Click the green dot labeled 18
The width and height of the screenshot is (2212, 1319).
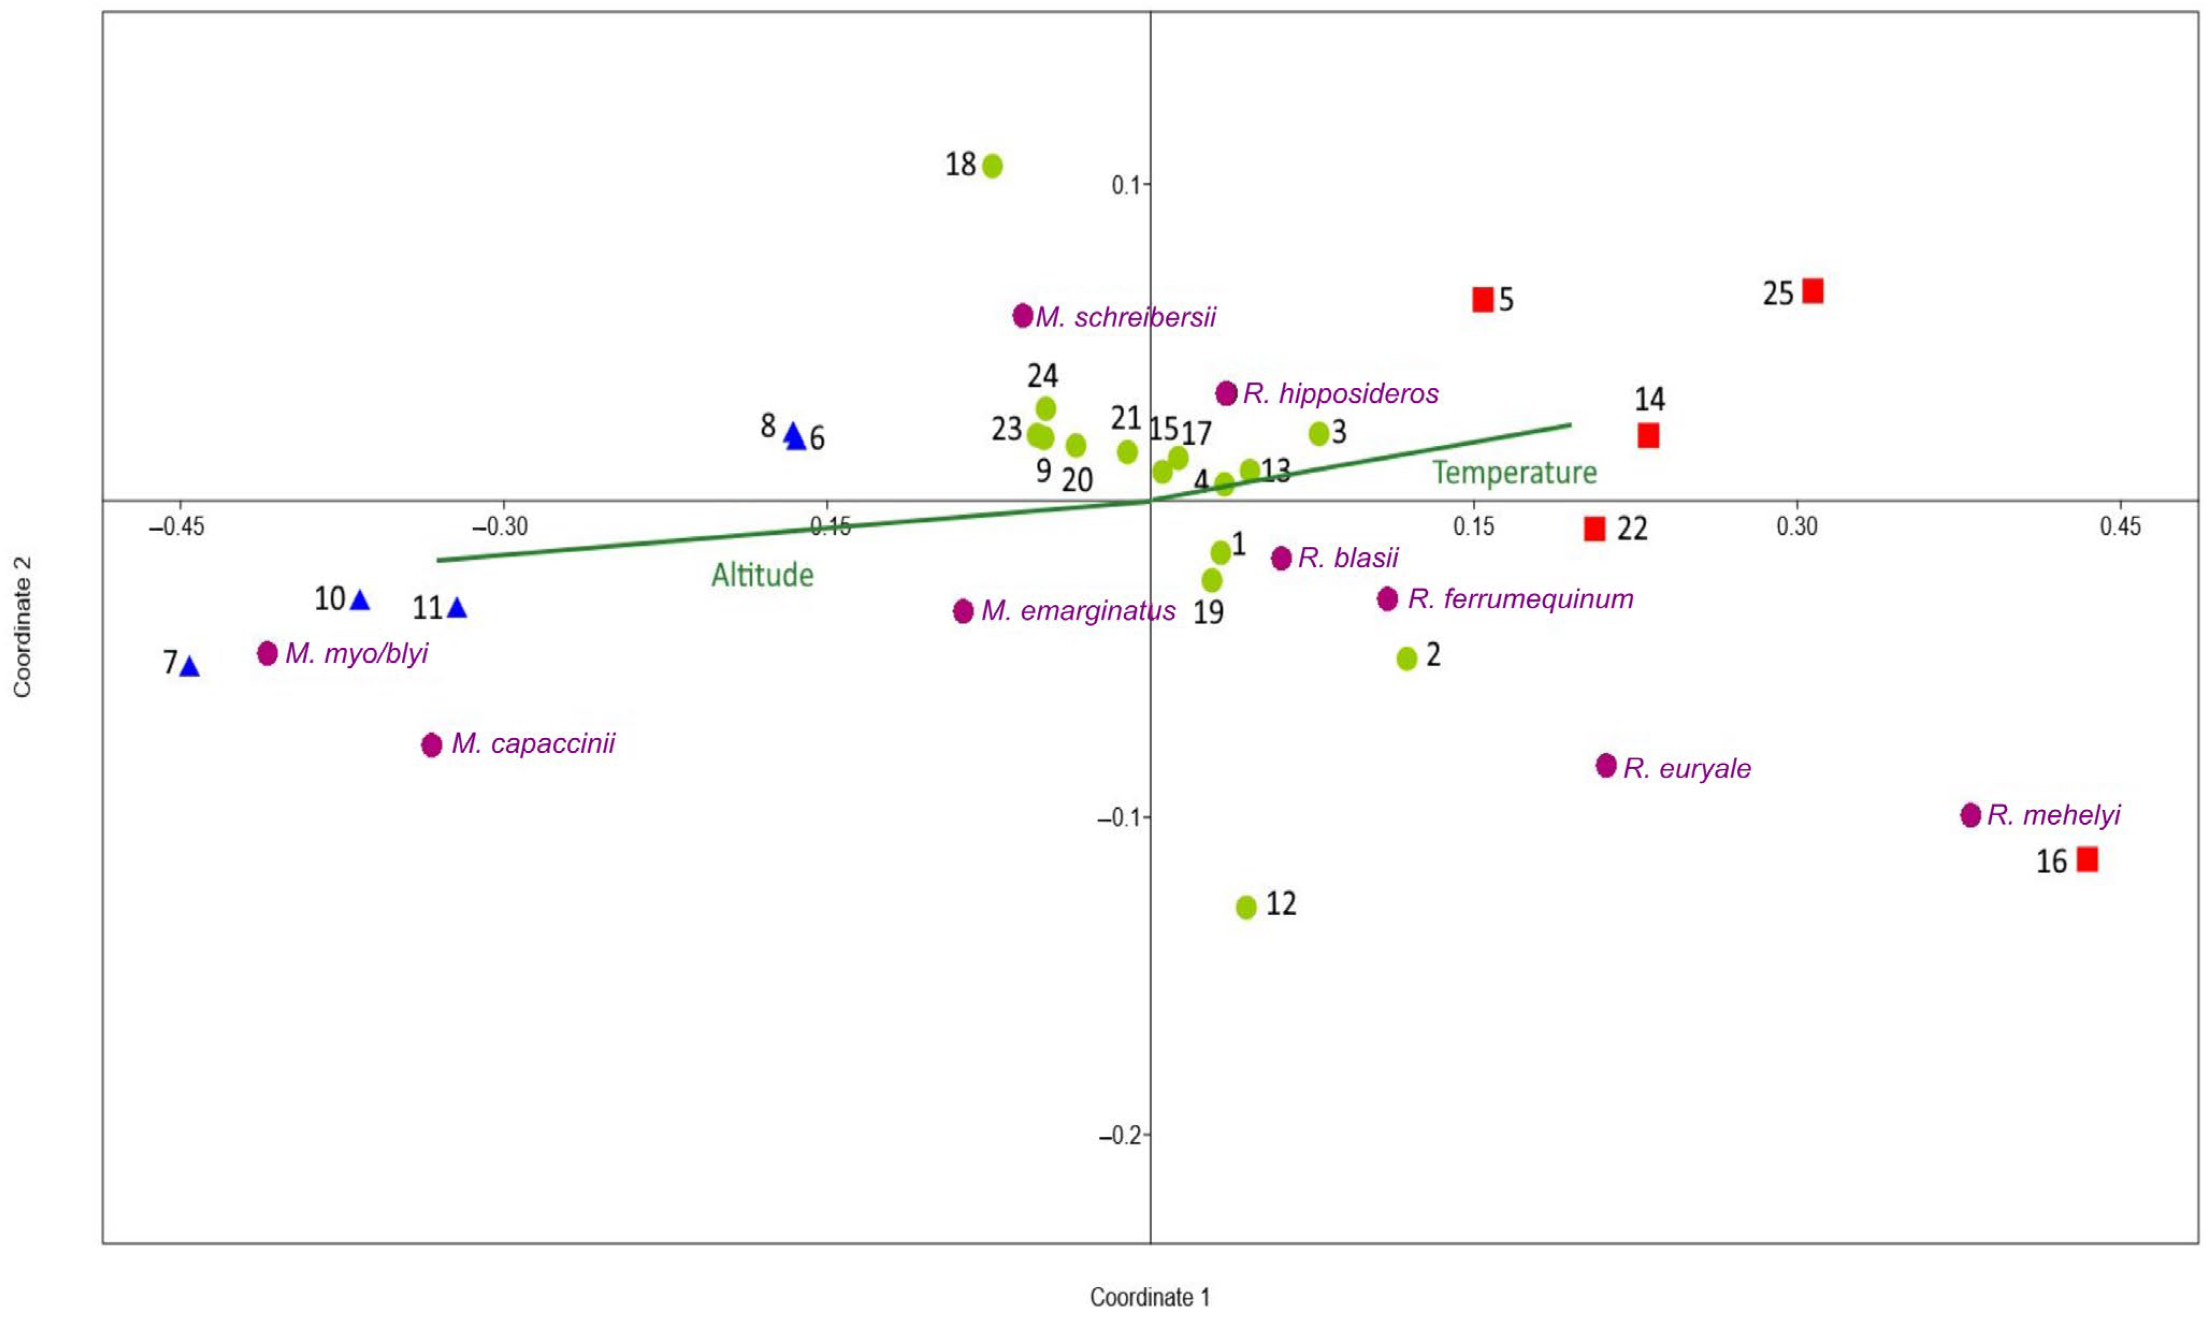pyautogui.click(x=993, y=165)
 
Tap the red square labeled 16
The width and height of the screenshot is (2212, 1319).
pyautogui.click(x=2087, y=859)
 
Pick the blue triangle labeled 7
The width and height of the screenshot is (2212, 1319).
pyautogui.click(x=189, y=666)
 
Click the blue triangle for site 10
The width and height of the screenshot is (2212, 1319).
pyautogui.click(x=360, y=600)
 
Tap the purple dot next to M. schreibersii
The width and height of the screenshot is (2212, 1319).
pyautogui.click(x=1023, y=316)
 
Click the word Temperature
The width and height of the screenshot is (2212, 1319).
pyautogui.click(x=1514, y=472)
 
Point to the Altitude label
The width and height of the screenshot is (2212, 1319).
pyautogui.click(x=763, y=575)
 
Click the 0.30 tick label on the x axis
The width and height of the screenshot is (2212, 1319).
pyautogui.click(x=1797, y=527)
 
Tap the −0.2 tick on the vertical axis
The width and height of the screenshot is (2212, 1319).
pyautogui.click(x=1120, y=1135)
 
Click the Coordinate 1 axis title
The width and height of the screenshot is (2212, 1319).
pyautogui.click(x=1150, y=1297)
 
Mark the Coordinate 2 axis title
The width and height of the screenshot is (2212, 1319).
pyautogui.click(x=22, y=627)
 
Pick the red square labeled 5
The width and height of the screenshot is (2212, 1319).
pyautogui.click(x=1483, y=300)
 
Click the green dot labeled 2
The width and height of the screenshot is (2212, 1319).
pyautogui.click(x=1407, y=658)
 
